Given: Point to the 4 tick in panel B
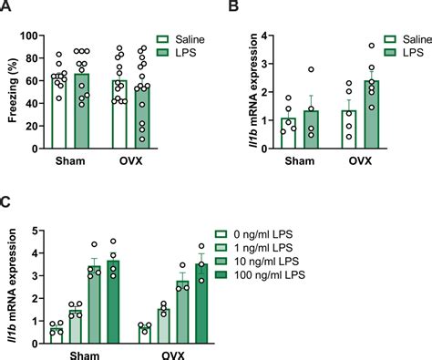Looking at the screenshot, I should coord(264,37).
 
